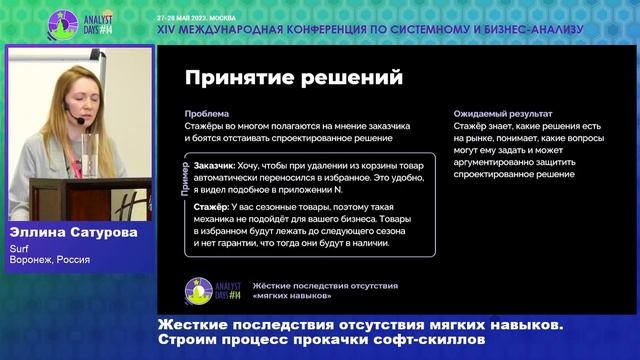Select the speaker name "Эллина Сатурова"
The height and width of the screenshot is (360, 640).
(68, 231)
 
